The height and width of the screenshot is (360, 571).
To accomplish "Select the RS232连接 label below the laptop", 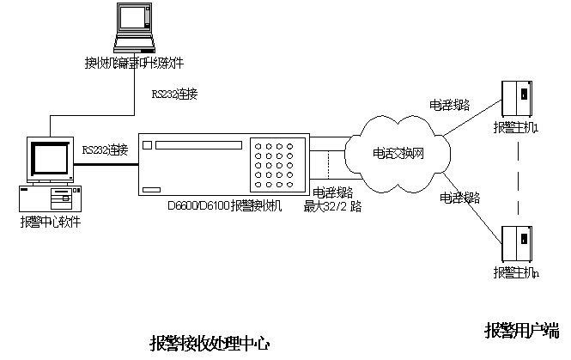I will coord(174,94).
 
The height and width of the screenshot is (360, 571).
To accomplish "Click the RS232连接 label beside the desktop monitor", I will coord(105,149).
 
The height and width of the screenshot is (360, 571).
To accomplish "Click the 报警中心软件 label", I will coord(51,221).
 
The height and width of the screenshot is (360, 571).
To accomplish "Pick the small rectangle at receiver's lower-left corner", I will coord(153,190).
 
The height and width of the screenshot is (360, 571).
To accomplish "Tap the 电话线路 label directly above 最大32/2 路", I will coord(332,193).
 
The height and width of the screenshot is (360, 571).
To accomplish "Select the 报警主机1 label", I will coord(515,128).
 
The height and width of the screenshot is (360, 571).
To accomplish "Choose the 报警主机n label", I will coord(515,272).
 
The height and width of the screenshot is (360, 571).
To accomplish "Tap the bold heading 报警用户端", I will coord(521,330).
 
